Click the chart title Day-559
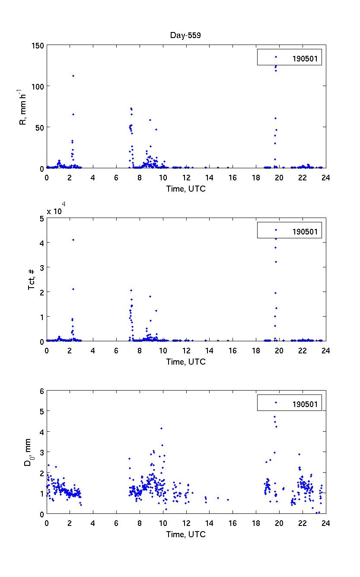tap(185, 35)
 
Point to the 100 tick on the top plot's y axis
tap(38, 87)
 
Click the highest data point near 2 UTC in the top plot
tap(73, 76)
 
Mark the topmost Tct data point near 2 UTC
tap(73, 240)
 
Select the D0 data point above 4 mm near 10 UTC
tap(161, 428)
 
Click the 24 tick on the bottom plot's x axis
tap(326, 523)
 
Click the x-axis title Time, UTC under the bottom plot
tap(186, 534)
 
